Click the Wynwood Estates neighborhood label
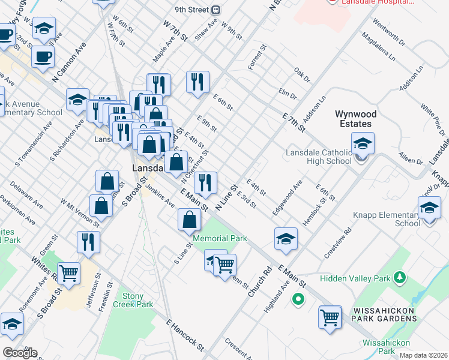[x=353, y=119]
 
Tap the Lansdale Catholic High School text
[x=319, y=157]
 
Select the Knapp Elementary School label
[x=392, y=219]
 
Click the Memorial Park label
[x=220, y=238]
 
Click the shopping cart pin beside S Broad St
[x=68, y=274]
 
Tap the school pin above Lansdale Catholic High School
[x=363, y=145]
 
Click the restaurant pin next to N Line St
[x=205, y=184]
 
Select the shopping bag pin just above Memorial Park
[x=189, y=220]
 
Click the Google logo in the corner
[x=19, y=353]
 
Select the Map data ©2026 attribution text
[x=423, y=355]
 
